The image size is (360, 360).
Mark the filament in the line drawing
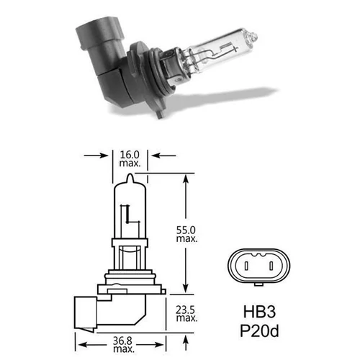(x=127, y=215)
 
